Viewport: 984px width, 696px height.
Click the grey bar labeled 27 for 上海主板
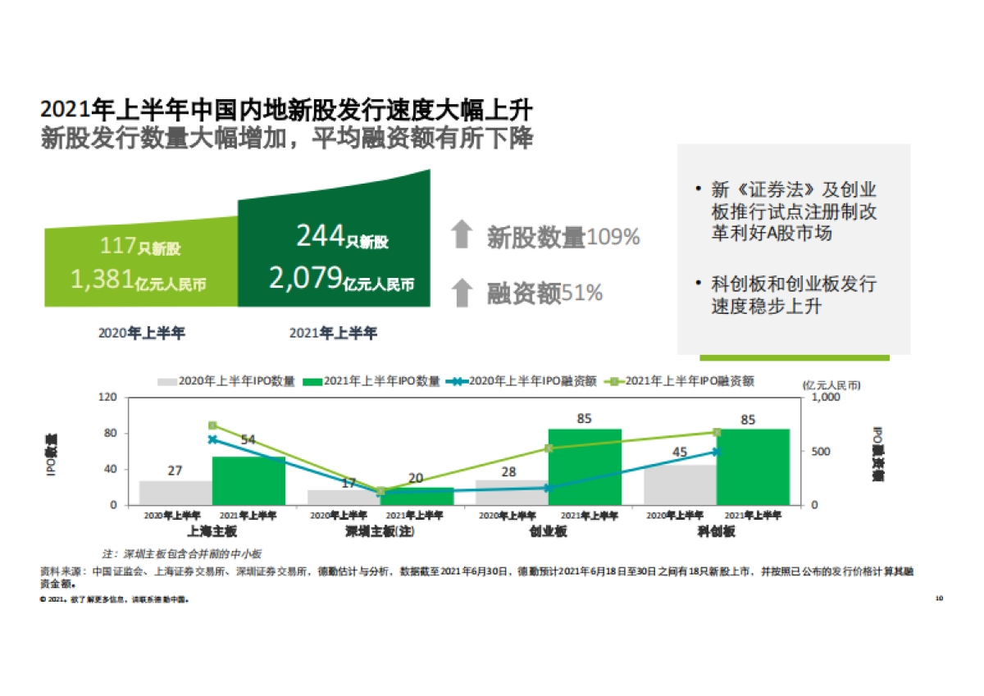175,493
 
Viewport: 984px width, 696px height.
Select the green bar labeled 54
248,481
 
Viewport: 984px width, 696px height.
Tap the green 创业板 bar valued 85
585,467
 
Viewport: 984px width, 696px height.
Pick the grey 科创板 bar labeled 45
679,485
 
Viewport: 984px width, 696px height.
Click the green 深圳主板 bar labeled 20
417,496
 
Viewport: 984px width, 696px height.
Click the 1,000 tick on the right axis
826,397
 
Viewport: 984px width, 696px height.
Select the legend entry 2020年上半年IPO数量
225,381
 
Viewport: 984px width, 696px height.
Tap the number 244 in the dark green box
320,237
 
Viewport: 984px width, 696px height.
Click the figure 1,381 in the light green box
102,280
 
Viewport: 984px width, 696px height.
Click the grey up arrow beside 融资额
462,293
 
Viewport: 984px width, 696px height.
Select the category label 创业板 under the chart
548,531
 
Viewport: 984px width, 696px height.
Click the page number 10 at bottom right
939,598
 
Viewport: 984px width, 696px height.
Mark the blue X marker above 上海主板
212,439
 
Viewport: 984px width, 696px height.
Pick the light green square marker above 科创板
716,432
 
